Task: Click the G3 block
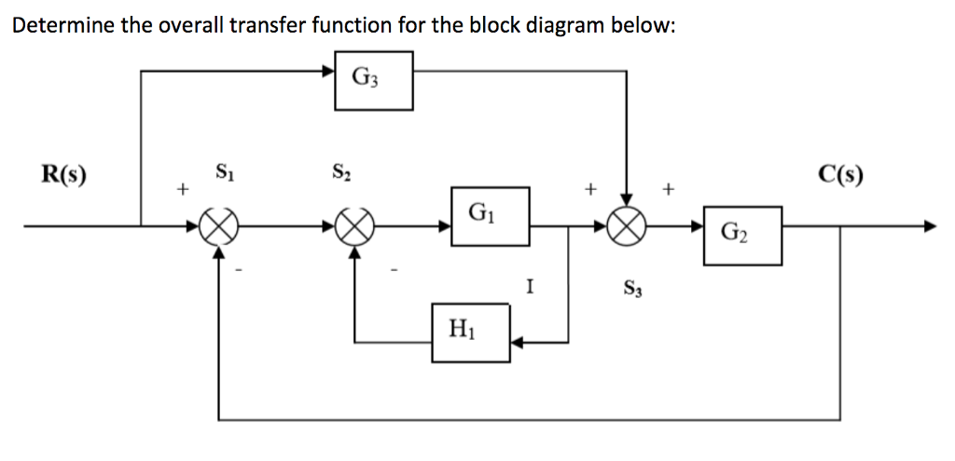click(374, 80)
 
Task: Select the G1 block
click(491, 216)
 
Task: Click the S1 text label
click(224, 172)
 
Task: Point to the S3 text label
click(629, 287)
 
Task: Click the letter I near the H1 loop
click(529, 287)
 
